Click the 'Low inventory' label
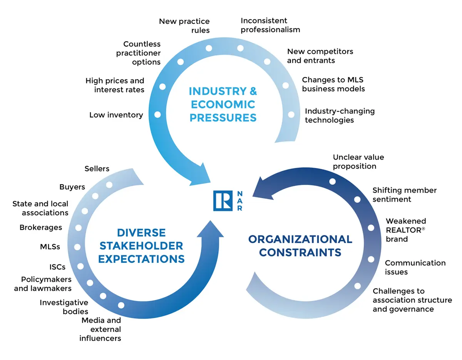click(116, 115)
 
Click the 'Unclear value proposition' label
click(358, 162)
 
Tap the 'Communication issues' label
click(415, 267)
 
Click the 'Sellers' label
click(97, 168)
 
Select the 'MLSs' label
click(50, 247)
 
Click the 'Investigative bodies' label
click(64, 307)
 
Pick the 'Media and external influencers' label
click(100, 329)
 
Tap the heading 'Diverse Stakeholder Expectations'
click(141, 245)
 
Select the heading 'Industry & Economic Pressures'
click(223, 104)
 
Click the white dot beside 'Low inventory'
click(157, 114)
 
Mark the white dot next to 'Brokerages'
click(79, 227)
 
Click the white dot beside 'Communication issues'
click(371, 259)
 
